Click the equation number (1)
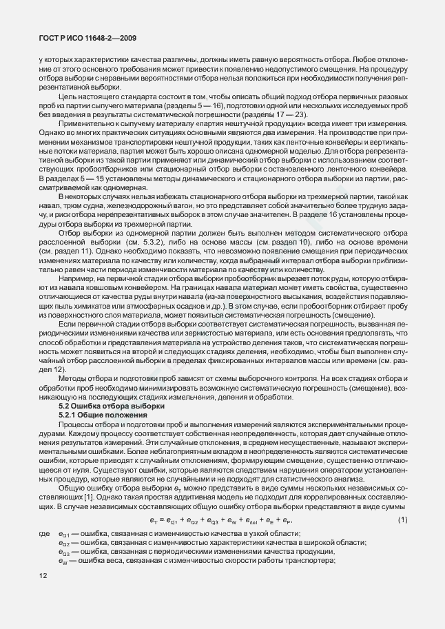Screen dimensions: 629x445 402,518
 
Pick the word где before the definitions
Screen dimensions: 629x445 45,534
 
